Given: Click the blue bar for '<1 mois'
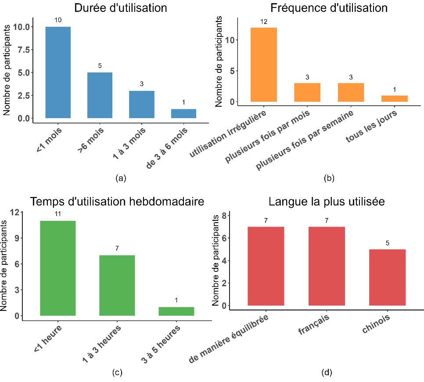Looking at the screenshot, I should pyautogui.click(x=58, y=72).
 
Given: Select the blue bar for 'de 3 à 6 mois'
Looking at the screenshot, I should pyautogui.click(x=183, y=114).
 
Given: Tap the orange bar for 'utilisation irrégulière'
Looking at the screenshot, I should pyautogui.click(x=263, y=65).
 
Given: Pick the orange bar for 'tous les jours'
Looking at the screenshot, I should pyautogui.click(x=394, y=99).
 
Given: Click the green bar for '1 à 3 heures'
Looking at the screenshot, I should pyautogui.click(x=117, y=285).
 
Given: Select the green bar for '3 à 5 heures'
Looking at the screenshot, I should pyautogui.click(x=176, y=311).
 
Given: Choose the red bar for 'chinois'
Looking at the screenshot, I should pyautogui.click(x=387, y=277).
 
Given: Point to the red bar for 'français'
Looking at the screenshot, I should pyautogui.click(x=327, y=266).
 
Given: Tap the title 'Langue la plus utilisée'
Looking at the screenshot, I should pyautogui.click(x=327, y=202).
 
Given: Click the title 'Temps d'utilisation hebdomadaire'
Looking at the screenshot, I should pyautogui.click(x=117, y=202).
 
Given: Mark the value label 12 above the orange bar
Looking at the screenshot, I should pyautogui.click(x=263, y=21).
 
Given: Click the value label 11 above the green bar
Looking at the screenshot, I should pyautogui.click(x=57, y=214).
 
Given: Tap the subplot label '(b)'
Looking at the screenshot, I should pyautogui.click(x=329, y=178).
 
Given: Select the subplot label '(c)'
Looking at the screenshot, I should pyautogui.click(x=117, y=373).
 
